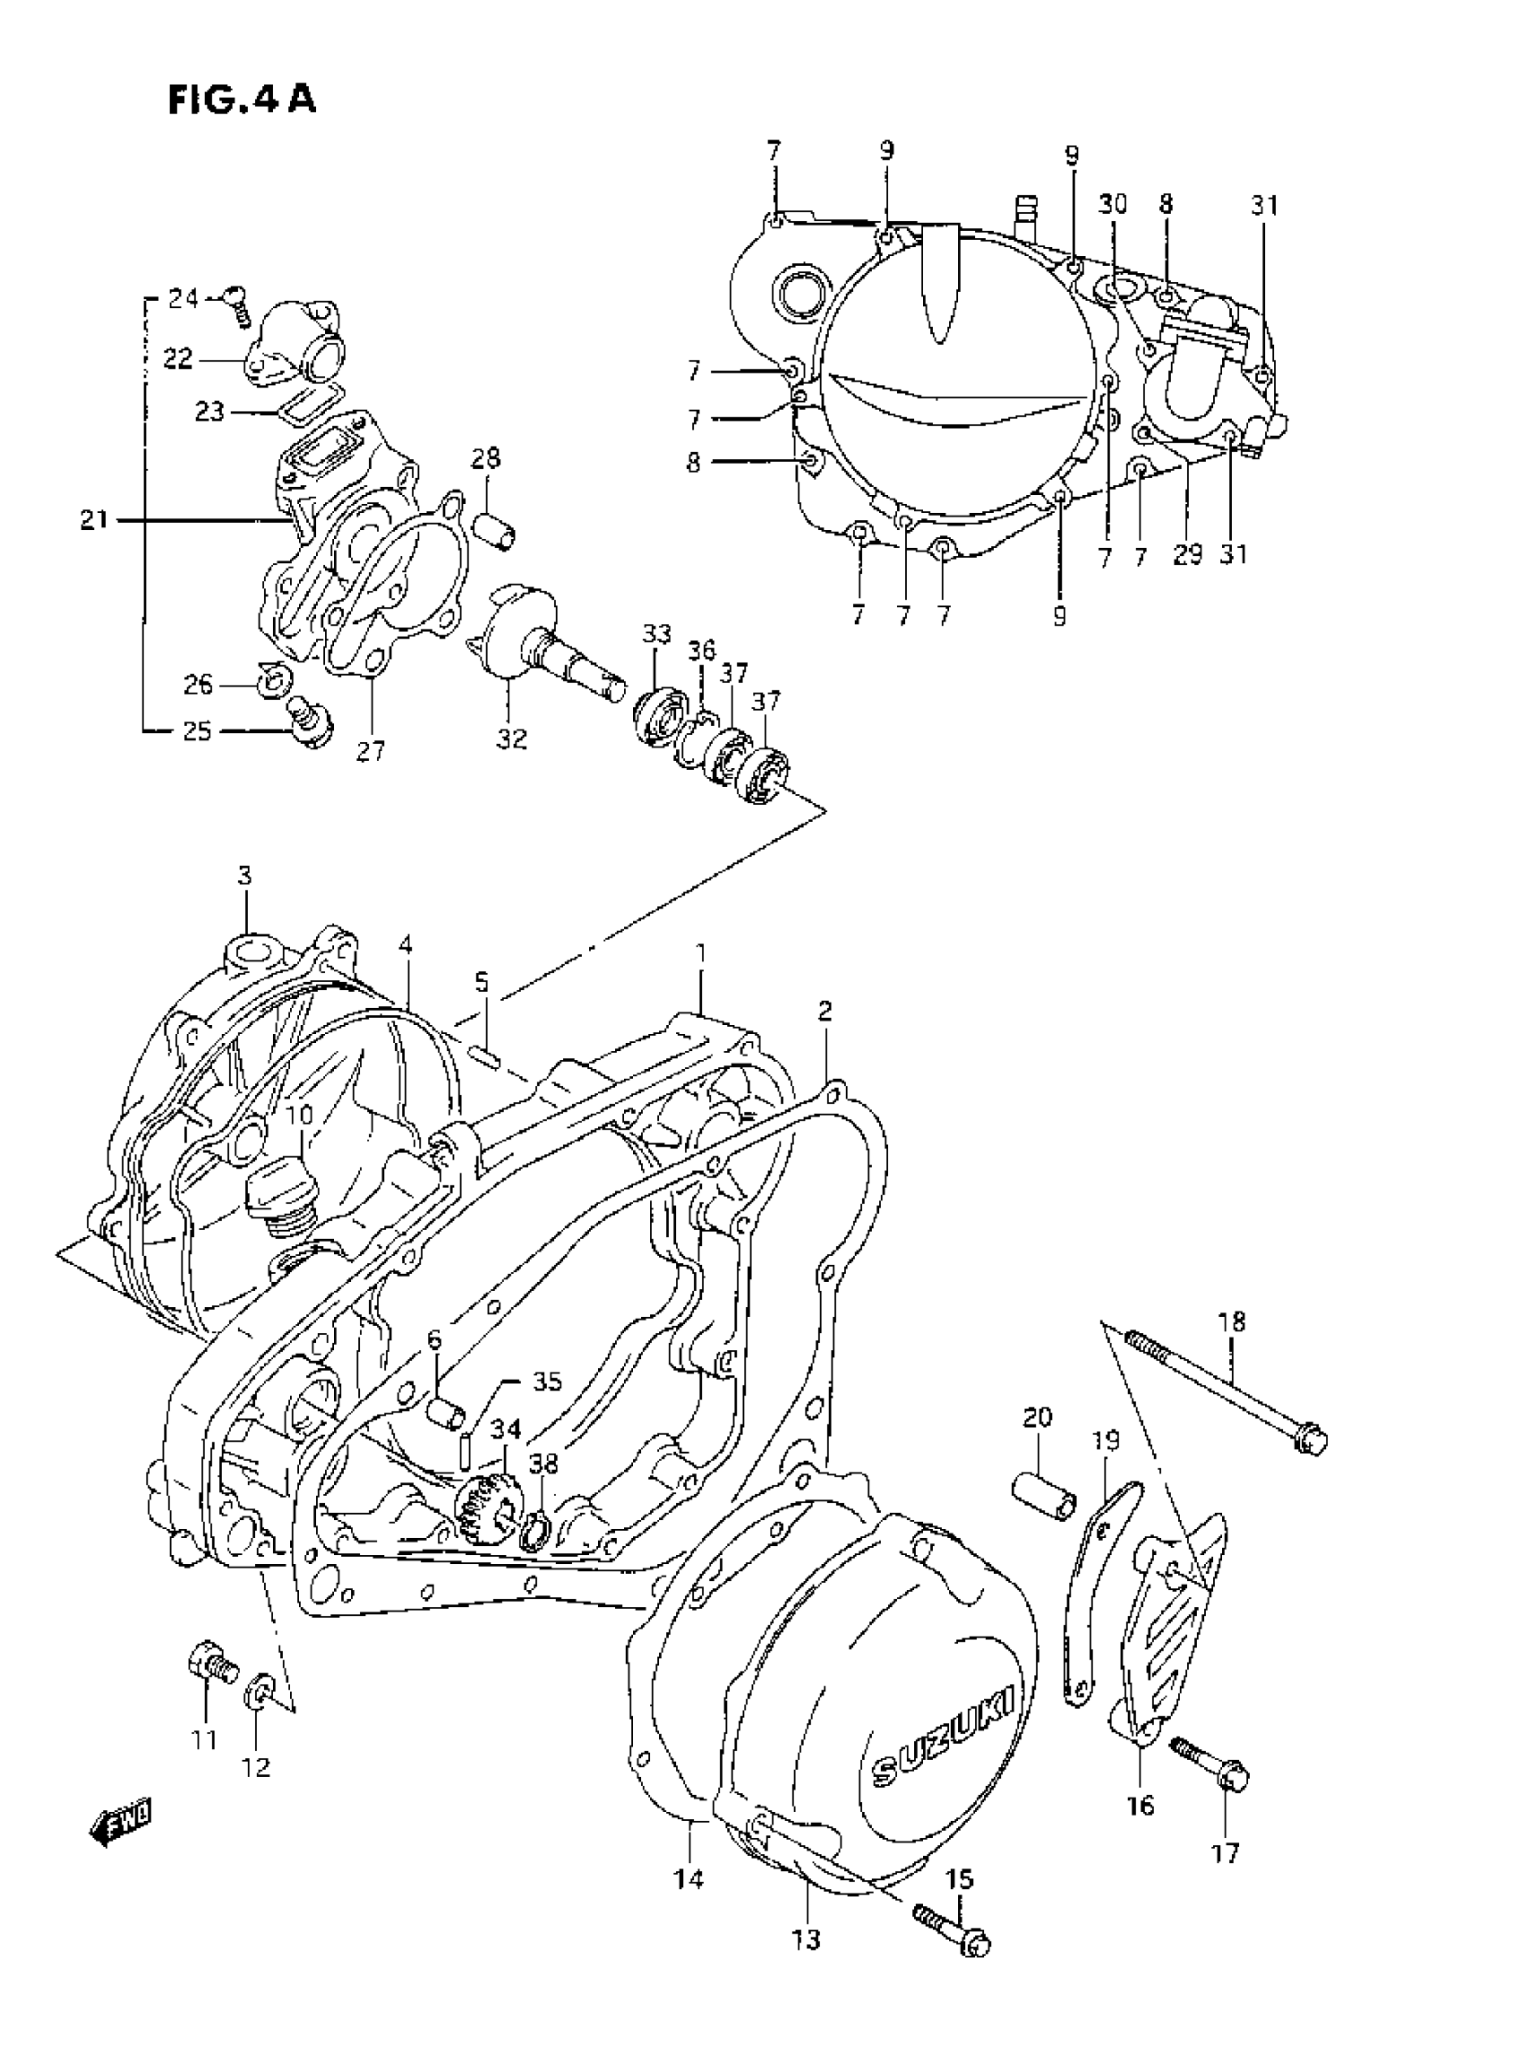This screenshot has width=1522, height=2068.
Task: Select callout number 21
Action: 93,520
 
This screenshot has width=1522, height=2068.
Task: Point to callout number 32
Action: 511,738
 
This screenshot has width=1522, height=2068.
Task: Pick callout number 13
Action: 805,1940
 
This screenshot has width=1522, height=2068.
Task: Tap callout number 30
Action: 1113,204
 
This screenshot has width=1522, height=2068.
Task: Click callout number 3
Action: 244,876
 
